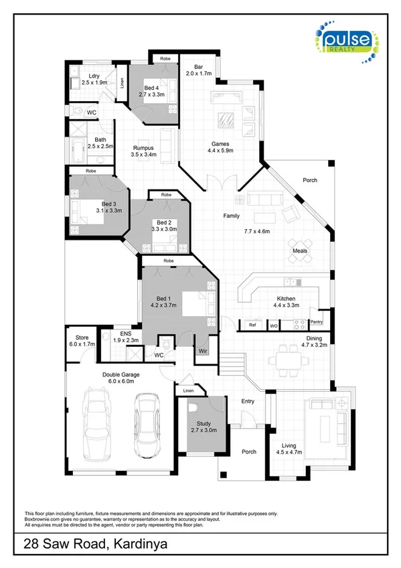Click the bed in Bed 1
[195, 302]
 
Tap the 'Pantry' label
[316, 322]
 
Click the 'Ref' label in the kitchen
[252, 326]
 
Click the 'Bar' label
[198, 67]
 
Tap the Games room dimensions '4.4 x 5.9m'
[221, 151]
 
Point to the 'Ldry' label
[93, 76]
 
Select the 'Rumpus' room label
[143, 147]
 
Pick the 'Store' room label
[82, 338]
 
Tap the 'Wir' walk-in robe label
[202, 350]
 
